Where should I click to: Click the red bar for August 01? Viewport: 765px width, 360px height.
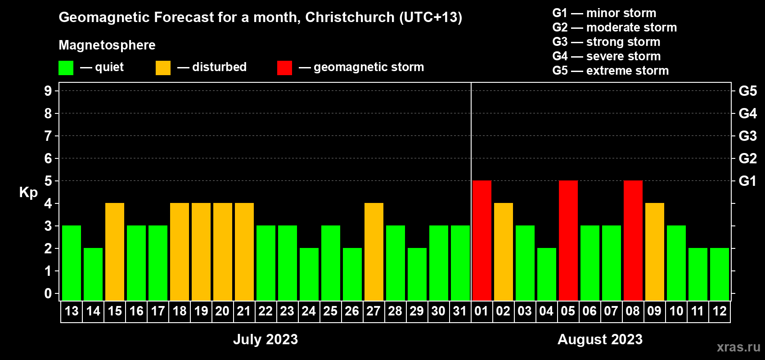482,240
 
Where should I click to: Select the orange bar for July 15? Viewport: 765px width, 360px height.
115,252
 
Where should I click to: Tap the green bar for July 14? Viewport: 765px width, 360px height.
93,274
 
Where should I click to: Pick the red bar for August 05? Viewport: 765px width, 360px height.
568,240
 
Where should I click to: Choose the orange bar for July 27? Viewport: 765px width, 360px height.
374,252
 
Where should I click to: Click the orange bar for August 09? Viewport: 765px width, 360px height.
655,252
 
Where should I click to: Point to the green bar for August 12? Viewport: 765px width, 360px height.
720,274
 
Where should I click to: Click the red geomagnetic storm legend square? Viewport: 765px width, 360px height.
284,68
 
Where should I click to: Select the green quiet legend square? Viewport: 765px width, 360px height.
66,68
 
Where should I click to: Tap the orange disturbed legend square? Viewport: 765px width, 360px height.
163,68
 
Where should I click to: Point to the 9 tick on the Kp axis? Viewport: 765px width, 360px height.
48,91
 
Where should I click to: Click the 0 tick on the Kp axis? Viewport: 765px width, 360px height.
48,293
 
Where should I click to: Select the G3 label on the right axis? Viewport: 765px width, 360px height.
747,136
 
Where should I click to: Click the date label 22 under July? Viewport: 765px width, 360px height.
265,311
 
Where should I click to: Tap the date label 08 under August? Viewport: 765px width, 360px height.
633,311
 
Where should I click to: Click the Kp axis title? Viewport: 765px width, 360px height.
28,192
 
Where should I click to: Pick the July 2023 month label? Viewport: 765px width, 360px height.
265,339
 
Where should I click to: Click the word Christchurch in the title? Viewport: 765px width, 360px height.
350,17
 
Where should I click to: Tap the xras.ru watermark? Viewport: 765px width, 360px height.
738,347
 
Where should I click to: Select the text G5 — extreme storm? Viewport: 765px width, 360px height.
611,71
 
